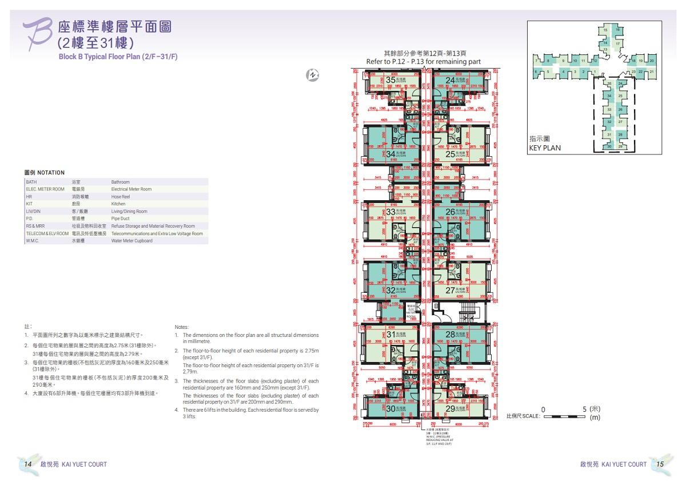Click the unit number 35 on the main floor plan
[x=391, y=81]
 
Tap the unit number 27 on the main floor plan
[x=450, y=290]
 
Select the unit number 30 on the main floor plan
[x=391, y=409]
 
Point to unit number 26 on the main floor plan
[x=450, y=212]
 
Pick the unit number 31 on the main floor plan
[x=391, y=334]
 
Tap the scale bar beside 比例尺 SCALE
[x=564, y=417]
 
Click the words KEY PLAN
[x=544, y=148]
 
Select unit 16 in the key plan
[x=617, y=30]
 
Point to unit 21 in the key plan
[x=652, y=71]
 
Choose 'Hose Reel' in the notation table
[x=121, y=196]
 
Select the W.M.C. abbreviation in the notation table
[x=33, y=241]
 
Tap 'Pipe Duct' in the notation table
[x=121, y=218]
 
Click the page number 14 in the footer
[x=27, y=464]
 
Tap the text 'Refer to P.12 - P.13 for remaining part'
[x=423, y=62]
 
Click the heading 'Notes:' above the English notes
[x=181, y=327]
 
